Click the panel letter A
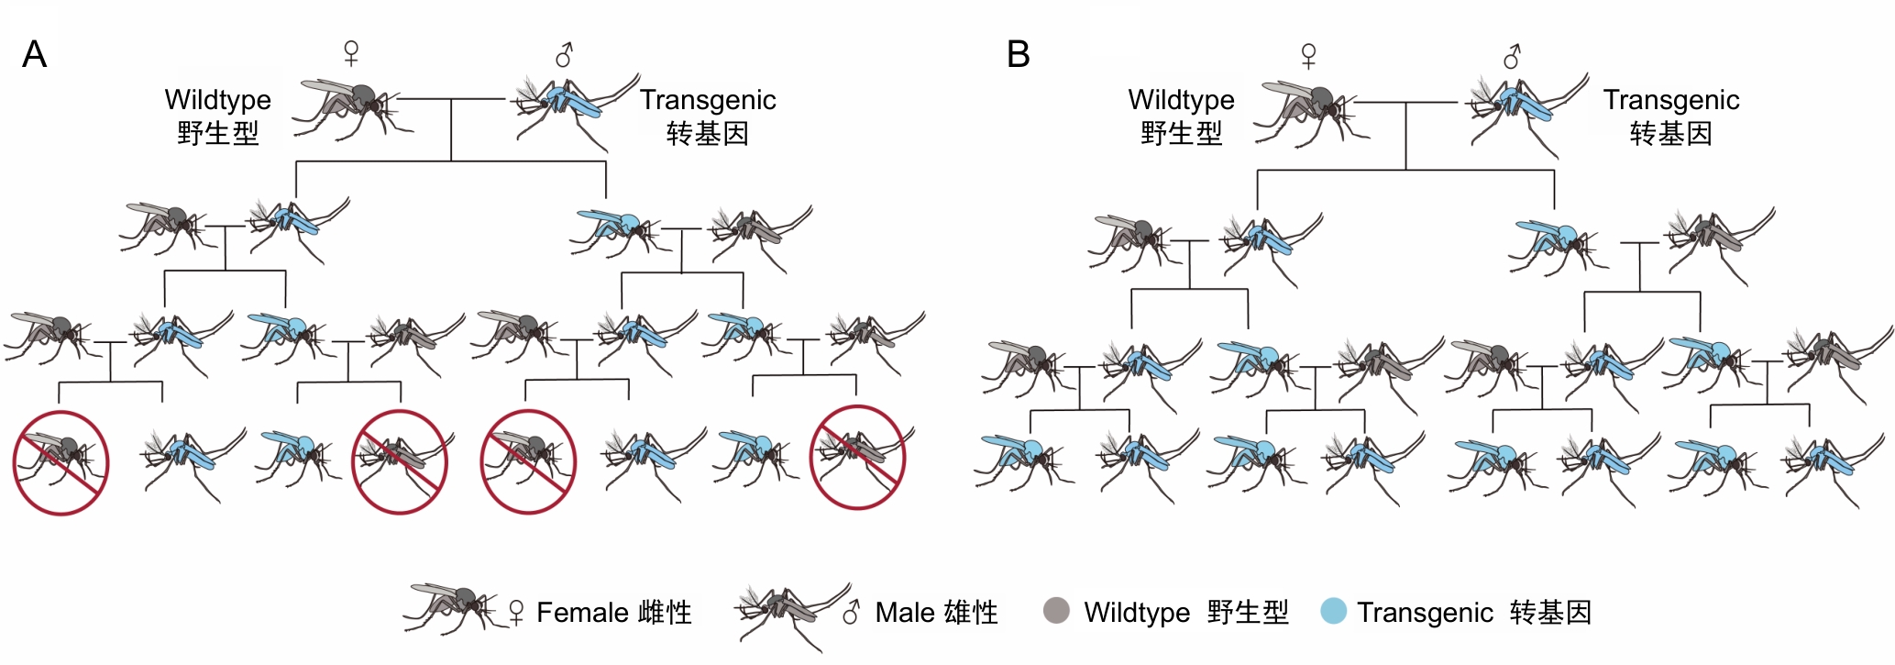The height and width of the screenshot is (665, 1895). [34, 55]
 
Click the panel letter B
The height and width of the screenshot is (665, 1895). [1018, 55]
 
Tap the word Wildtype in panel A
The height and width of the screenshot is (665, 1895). [217, 99]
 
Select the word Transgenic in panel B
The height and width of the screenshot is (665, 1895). [1670, 99]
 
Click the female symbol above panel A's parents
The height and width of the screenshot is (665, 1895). [351, 52]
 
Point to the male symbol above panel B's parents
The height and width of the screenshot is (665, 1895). [1512, 57]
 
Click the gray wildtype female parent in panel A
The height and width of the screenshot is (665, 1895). [353, 105]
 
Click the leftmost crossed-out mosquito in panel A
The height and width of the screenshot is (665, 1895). [61, 462]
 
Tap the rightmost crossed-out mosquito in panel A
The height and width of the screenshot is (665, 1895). [857, 457]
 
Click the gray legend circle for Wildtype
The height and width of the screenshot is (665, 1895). [1056, 611]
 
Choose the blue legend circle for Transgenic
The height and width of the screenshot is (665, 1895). [1333, 611]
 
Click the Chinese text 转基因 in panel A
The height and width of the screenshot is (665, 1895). [707, 134]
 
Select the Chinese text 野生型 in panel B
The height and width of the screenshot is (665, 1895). [1181, 134]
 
